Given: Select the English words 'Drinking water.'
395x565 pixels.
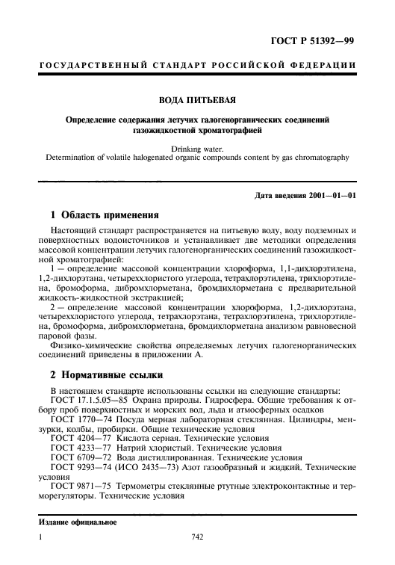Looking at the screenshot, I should click(x=197, y=148).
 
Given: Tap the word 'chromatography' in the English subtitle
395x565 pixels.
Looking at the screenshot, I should click(x=315, y=158).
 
